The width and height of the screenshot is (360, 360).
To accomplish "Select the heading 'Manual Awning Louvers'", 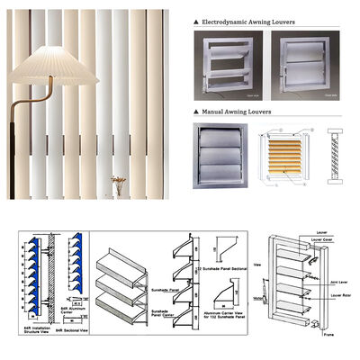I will (236, 111).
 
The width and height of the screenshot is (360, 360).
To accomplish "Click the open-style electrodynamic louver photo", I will (226, 64).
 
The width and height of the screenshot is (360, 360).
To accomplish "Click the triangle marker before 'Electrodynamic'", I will (197, 18).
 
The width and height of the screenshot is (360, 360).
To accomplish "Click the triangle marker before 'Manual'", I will (197, 111).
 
